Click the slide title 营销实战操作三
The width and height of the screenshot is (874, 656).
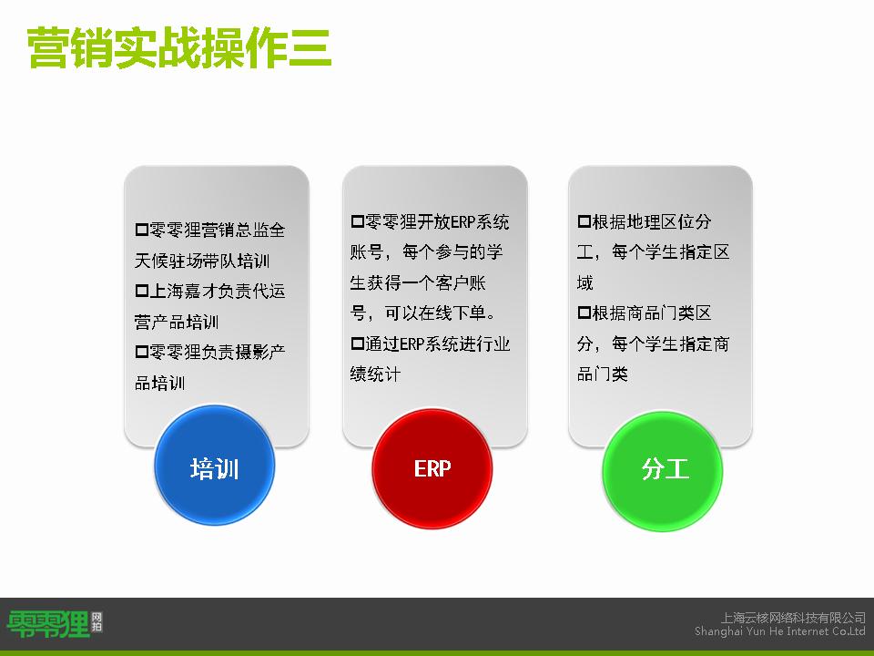coord(179,48)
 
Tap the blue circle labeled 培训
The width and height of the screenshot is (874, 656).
coord(215,465)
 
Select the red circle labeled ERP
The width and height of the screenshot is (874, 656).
coord(432,468)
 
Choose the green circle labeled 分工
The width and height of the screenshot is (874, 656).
coord(663,470)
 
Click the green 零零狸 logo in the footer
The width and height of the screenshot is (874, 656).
coord(48,624)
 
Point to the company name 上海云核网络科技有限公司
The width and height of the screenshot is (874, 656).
coord(793,618)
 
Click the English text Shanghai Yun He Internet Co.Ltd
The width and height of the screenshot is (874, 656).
coord(780,630)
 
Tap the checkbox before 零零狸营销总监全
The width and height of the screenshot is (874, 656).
coord(142,230)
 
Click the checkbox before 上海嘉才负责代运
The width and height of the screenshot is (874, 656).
coord(142,291)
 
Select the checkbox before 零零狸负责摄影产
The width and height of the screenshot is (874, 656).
coord(142,352)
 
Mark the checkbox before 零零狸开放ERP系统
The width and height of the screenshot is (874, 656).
coord(357,221)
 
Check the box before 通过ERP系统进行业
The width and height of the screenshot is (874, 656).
coord(357,343)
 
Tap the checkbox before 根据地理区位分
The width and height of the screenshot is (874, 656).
coord(584,221)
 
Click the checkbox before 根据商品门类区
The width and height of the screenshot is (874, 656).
coord(584,313)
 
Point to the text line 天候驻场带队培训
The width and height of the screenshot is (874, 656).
coord(202,261)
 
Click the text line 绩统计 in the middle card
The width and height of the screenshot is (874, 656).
coord(375,374)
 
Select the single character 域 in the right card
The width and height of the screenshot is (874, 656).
coord(584,282)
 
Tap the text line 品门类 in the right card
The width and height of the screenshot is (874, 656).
coord(602,374)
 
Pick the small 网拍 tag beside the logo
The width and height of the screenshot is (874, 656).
coord(97,621)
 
